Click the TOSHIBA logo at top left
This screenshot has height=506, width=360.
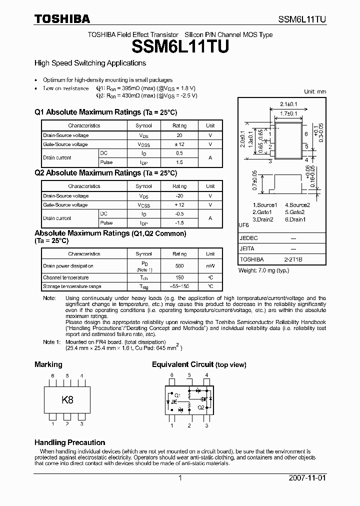point(62,19)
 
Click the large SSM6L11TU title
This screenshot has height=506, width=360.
point(180,47)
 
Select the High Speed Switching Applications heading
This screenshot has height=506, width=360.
point(90,63)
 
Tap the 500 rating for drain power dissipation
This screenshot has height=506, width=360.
point(179,266)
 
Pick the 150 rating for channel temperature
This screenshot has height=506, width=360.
point(179,277)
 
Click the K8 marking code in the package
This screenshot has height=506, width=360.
point(67,400)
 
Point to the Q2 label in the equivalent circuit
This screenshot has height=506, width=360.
point(200,407)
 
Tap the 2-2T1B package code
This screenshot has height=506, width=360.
point(293,259)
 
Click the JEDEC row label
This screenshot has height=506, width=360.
point(248,238)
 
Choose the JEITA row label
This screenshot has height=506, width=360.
point(247,248)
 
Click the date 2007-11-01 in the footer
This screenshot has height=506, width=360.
point(307,478)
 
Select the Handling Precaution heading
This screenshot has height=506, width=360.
point(69,442)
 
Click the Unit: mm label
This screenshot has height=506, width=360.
point(315,91)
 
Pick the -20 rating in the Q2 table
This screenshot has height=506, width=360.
point(179,196)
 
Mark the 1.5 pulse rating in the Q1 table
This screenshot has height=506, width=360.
point(179,162)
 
